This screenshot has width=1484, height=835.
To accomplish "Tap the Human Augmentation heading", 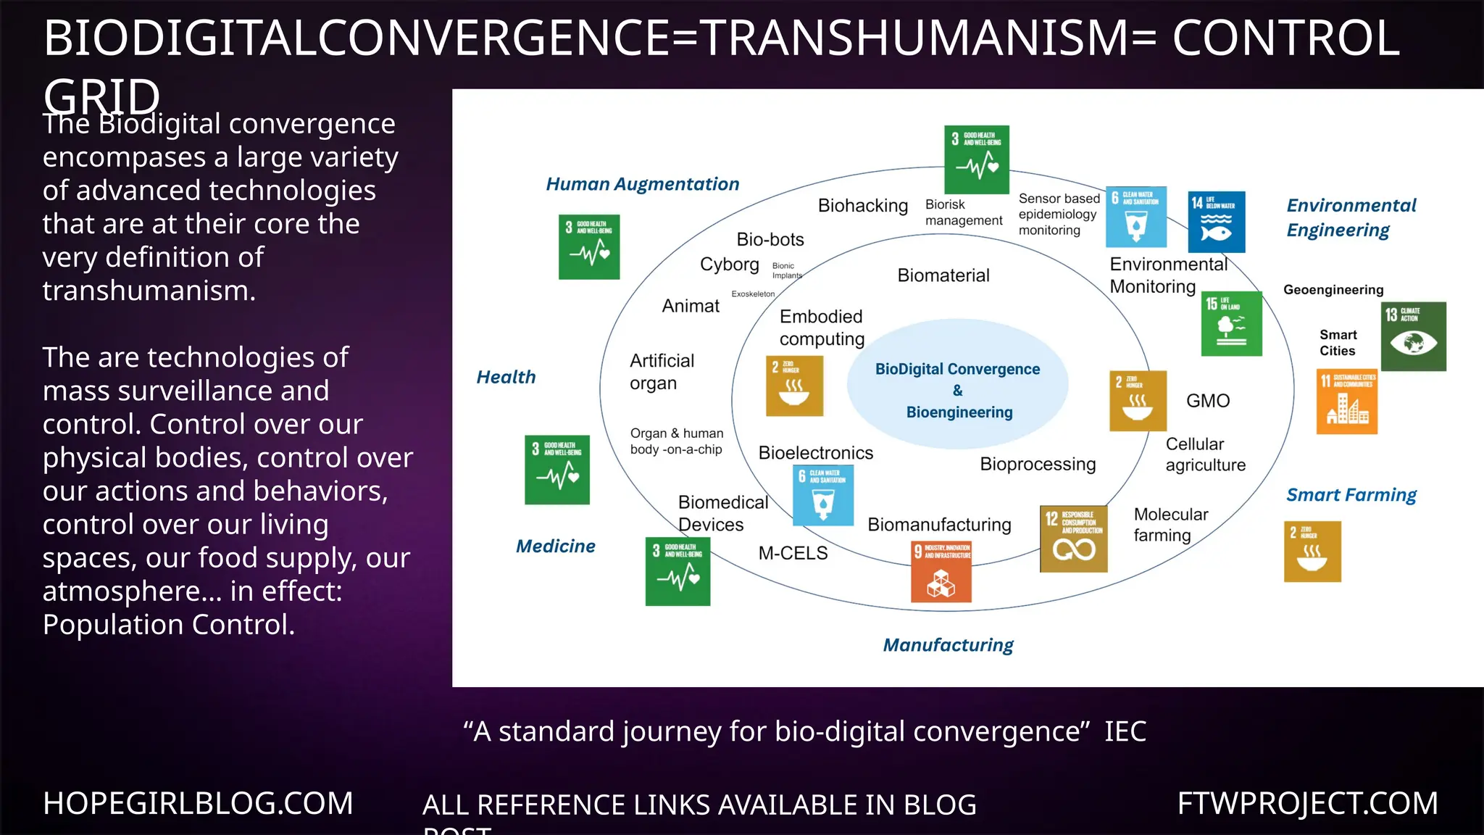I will coord(642,184).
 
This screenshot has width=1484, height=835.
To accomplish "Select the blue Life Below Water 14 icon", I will coord(1217,222).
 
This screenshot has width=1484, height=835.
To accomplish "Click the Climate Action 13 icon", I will coord(1413,336).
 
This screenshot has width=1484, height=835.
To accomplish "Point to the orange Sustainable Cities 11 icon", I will coord(1346,402).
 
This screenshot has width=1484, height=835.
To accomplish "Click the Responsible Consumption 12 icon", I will coord(1073,539).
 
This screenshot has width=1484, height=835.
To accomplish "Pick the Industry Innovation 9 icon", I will coord(941,571).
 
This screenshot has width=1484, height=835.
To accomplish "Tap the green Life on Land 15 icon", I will coord(1231,323).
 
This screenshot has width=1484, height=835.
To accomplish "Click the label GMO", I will coord(1208,401).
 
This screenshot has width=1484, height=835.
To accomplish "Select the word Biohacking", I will coord(862,206).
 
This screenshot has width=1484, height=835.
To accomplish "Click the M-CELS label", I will coord(793,553).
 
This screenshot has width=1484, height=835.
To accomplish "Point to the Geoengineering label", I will coord(1333,290).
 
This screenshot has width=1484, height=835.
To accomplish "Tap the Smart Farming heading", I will coord(1351,495).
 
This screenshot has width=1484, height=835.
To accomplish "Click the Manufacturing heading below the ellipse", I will coord(948,645).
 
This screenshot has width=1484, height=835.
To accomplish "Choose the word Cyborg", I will coord(729,265).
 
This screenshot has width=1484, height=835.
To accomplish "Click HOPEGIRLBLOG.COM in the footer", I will coord(198,803).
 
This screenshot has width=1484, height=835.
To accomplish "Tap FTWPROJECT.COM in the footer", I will coord(1307,803).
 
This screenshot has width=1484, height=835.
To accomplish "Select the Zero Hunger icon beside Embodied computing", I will coord(794,386).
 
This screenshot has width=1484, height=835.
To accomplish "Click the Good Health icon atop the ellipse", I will coord(976,159).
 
